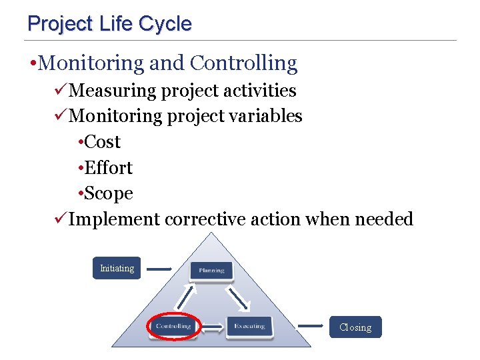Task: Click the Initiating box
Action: (x=117, y=268)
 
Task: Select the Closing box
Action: (x=355, y=327)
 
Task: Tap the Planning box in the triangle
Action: (x=211, y=270)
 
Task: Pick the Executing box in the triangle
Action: (x=249, y=326)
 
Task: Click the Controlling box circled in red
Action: (x=173, y=326)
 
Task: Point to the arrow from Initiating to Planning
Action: (x=159, y=269)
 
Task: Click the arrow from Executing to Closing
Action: (x=311, y=326)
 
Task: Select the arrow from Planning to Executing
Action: (x=238, y=298)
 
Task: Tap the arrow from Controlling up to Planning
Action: (x=187, y=298)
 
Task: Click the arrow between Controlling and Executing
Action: (x=212, y=327)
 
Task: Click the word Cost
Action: (x=103, y=142)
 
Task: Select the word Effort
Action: (x=109, y=168)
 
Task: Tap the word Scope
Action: (x=109, y=194)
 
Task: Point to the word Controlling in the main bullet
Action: (x=243, y=63)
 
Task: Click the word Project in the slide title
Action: (x=59, y=24)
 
